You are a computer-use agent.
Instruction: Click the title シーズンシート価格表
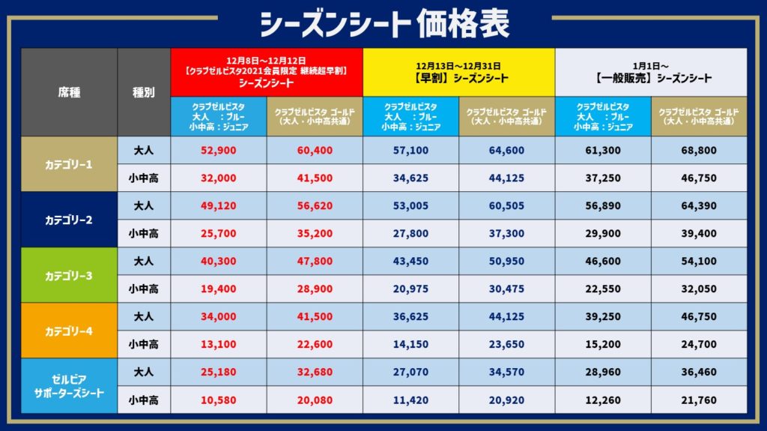point(383,22)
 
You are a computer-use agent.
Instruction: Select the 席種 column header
point(69,92)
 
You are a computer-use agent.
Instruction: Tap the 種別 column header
point(144,92)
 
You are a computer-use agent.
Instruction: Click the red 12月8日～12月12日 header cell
point(267,72)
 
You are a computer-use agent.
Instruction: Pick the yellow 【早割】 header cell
point(458,72)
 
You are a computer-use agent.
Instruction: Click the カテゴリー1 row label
point(69,164)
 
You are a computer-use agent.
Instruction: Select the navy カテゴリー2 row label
point(69,220)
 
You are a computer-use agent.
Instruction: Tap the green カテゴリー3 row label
point(69,275)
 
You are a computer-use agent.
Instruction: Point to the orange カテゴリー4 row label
point(69,331)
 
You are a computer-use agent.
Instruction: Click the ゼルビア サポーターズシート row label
point(69,385)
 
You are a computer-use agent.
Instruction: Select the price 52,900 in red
point(219,151)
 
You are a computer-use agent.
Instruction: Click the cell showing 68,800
point(698,151)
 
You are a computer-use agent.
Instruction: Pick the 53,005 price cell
point(410,206)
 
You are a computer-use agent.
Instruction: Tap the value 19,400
point(219,289)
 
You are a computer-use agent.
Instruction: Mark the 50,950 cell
point(506,261)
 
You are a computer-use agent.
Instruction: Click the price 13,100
point(219,344)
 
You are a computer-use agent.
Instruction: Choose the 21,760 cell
point(698,400)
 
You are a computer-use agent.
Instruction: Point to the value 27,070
point(410,372)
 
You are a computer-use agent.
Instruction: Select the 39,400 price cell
point(698,234)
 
